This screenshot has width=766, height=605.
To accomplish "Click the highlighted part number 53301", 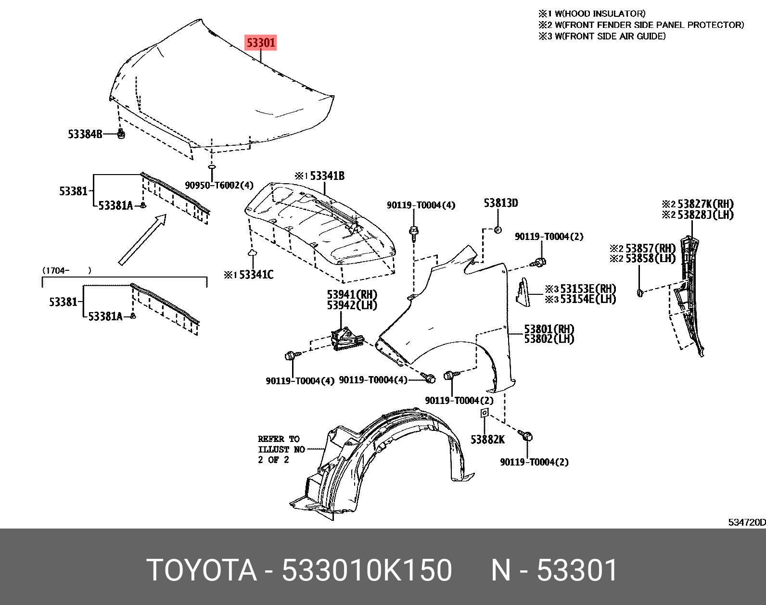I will [261, 43].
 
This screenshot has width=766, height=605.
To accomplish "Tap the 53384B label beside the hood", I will [85, 134].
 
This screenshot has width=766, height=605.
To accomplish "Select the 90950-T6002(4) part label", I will [219, 185].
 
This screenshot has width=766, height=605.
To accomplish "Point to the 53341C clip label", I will [255, 275].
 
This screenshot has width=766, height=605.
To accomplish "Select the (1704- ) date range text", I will [67, 270].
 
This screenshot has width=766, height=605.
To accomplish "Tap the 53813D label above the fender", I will [501, 203].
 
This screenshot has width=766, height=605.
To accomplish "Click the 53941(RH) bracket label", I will [352, 294].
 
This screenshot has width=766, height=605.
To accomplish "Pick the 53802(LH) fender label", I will [549, 340].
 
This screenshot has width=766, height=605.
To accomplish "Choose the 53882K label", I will [487, 440].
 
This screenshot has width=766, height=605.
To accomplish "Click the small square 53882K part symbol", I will [485, 413].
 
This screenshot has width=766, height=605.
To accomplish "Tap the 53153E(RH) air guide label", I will [587, 289].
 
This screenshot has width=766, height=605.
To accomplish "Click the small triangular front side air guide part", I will [523, 291].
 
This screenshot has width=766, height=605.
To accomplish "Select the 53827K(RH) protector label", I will [705, 204].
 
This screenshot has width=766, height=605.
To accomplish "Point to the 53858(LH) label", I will [650, 259].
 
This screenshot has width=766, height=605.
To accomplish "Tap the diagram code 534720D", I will [746, 522].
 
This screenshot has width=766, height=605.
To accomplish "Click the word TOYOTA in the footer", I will [202, 570].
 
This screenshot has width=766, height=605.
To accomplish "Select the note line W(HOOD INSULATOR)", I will [600, 13].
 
